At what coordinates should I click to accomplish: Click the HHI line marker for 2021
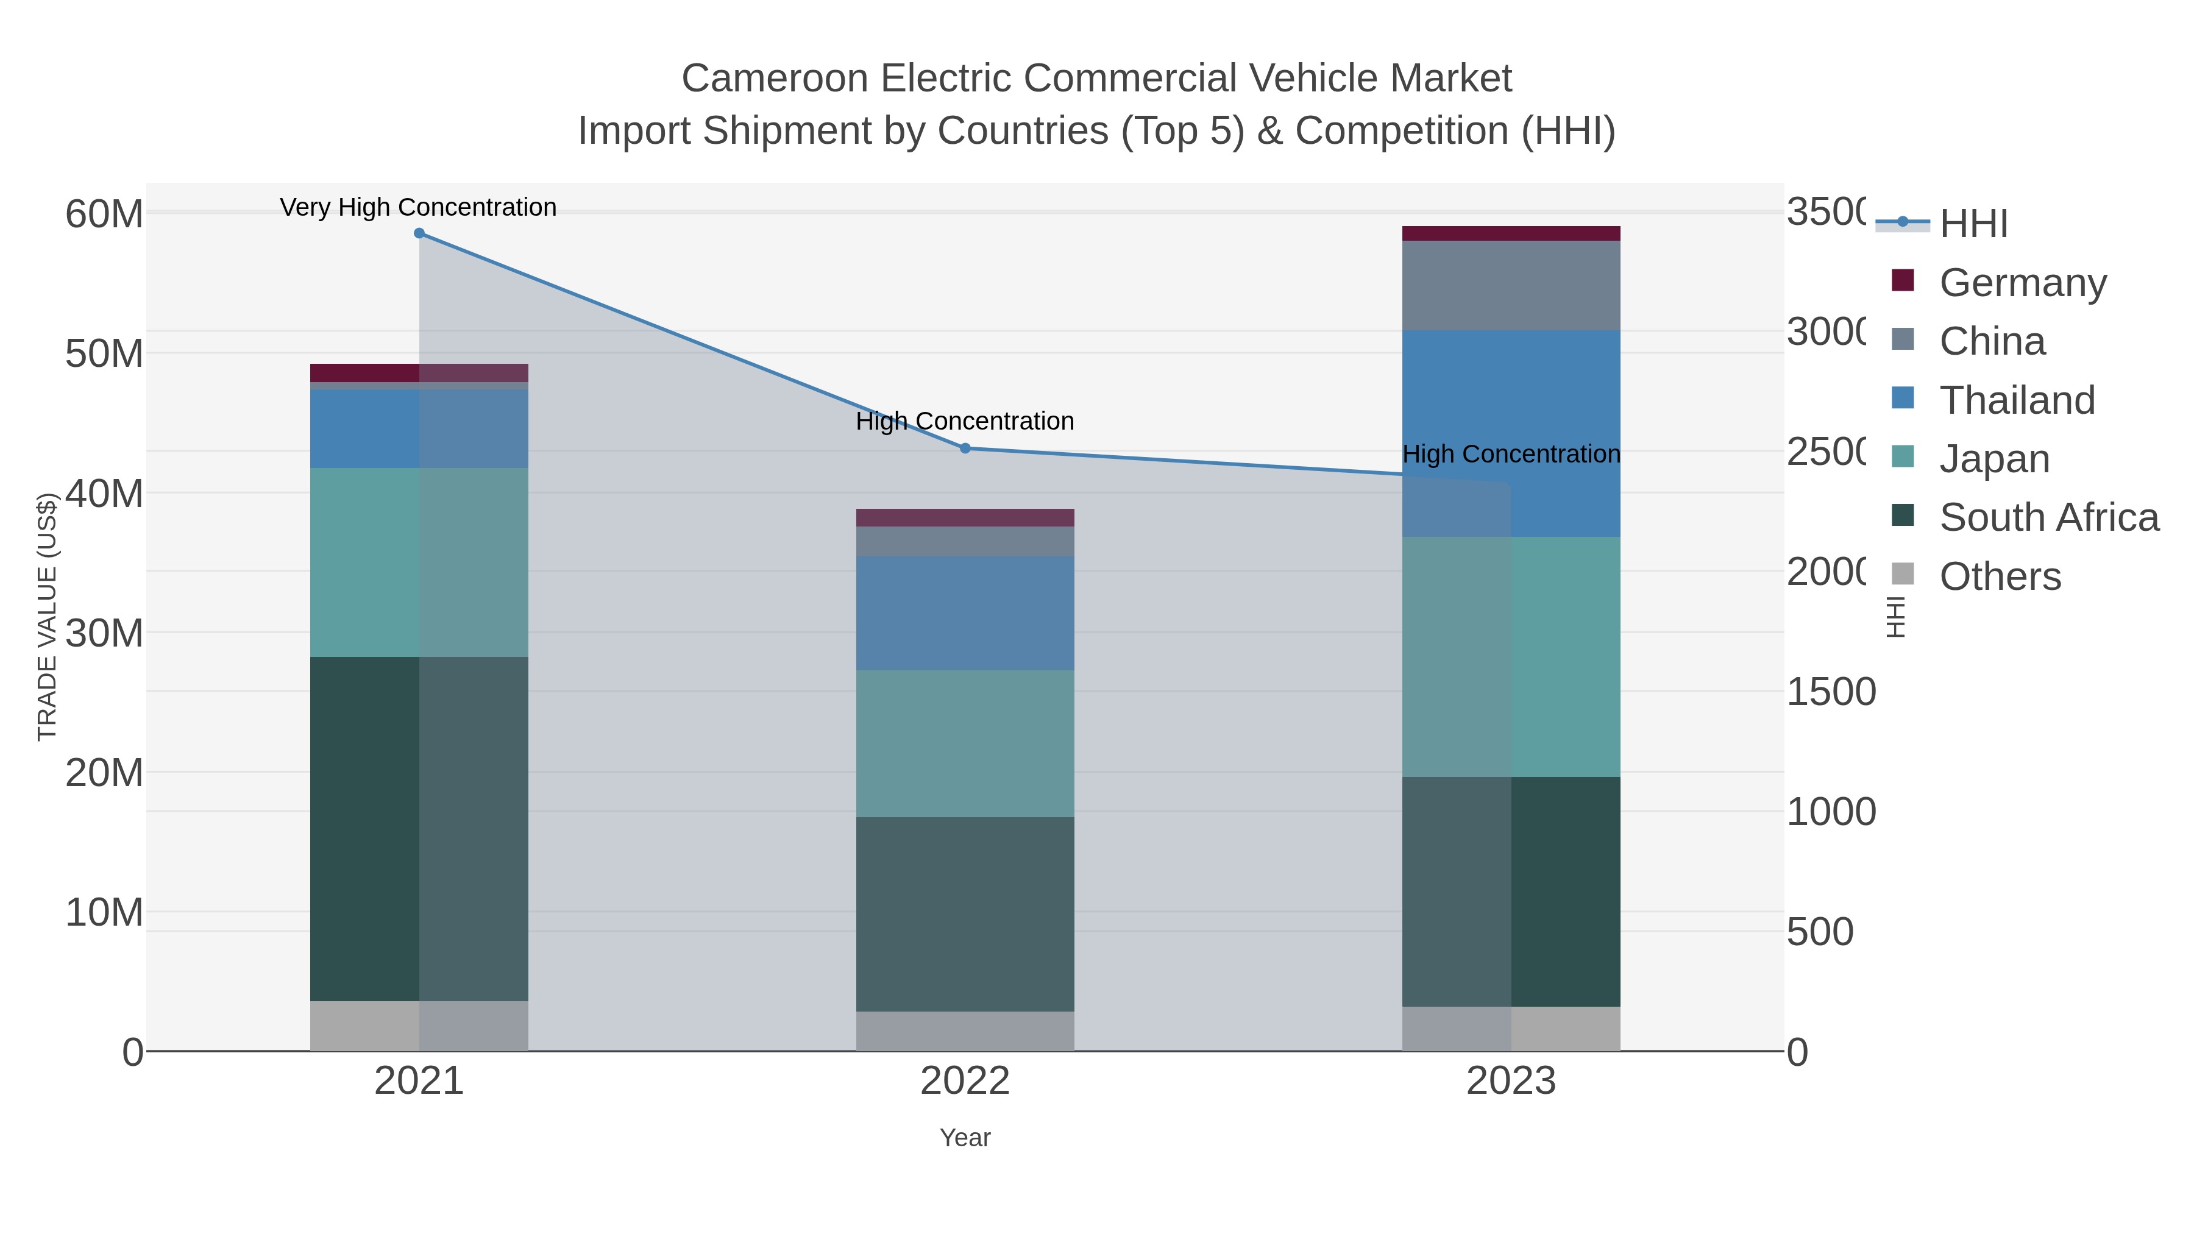pyautogui.click(x=419, y=233)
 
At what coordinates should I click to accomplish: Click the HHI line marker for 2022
pyautogui.click(x=965, y=448)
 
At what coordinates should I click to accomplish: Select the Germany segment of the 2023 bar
pyautogui.click(x=1511, y=233)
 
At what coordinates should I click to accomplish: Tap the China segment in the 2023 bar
pyautogui.click(x=1511, y=285)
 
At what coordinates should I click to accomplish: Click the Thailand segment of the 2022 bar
pyautogui.click(x=965, y=613)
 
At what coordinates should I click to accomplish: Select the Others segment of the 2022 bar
pyautogui.click(x=965, y=1030)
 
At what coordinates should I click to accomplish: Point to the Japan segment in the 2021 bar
pyautogui.click(x=419, y=562)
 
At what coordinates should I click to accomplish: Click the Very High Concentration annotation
pyautogui.click(x=418, y=207)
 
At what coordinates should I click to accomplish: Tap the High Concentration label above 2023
pyautogui.click(x=1511, y=454)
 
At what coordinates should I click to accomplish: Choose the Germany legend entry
pyautogui.click(x=2022, y=282)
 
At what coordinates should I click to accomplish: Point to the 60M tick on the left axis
pyautogui.click(x=104, y=214)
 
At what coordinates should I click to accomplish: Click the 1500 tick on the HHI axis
pyautogui.click(x=1830, y=692)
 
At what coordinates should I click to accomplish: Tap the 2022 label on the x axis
pyautogui.click(x=965, y=1080)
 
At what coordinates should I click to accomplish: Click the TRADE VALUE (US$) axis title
pyautogui.click(x=47, y=617)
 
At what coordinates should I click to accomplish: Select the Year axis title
pyautogui.click(x=965, y=1138)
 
